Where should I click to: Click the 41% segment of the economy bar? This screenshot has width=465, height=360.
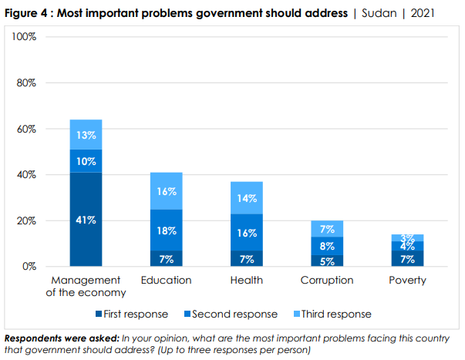tap(86, 220)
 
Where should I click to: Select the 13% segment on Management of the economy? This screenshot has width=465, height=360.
tap(86, 135)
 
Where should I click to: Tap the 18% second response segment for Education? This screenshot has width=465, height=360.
tap(166, 230)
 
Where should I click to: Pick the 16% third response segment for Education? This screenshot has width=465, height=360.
tap(166, 191)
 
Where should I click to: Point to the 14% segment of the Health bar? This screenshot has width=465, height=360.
tap(246, 197)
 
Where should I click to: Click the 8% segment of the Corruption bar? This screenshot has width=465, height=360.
tap(326, 246)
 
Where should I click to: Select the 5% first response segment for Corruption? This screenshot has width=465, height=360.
tap(326, 261)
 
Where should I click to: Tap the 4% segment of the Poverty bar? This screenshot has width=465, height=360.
tap(406, 246)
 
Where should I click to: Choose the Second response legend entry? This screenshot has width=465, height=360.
tap(231, 314)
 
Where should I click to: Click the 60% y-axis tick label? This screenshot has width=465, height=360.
tap(27, 129)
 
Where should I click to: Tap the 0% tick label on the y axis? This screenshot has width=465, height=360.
tap(29, 267)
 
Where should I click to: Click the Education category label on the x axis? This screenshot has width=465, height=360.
tap(166, 280)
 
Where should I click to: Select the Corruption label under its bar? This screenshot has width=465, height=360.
tap(326, 280)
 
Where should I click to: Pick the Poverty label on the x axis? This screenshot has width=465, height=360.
tap(406, 280)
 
